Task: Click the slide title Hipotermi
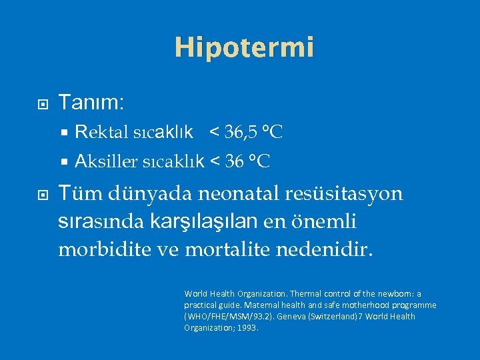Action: pyautogui.click(x=244, y=47)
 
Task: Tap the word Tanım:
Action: pyautogui.click(x=91, y=103)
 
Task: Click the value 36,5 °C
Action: pyautogui.click(x=253, y=132)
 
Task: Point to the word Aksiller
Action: pyautogui.click(x=107, y=161)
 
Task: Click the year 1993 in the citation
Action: pyautogui.click(x=246, y=328)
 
